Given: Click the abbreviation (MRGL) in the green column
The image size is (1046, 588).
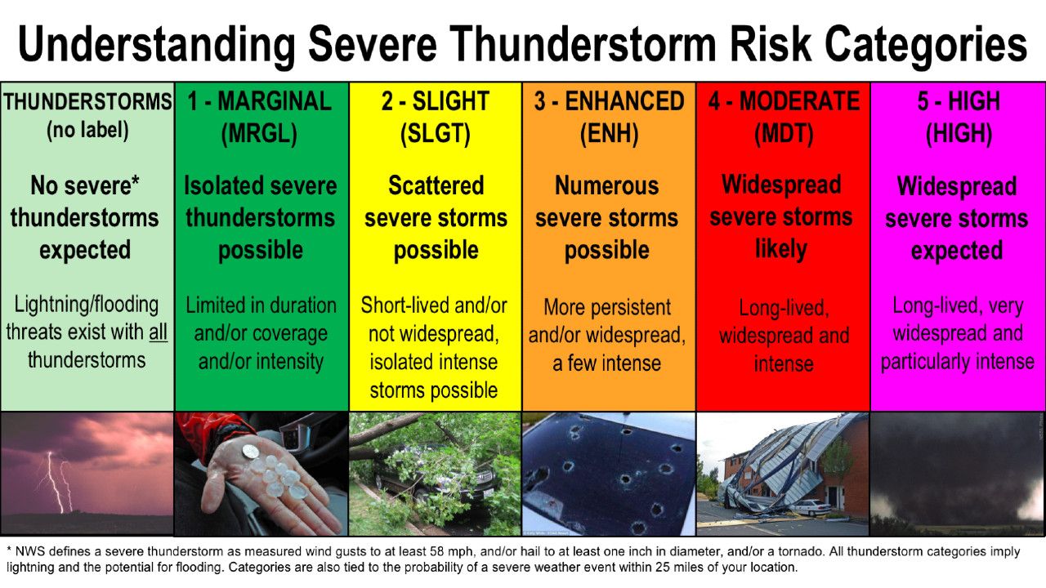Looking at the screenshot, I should point(260,133).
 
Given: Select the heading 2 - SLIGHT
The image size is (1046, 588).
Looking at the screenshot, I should point(435,101).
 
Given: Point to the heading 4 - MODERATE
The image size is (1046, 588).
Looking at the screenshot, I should point(783,101).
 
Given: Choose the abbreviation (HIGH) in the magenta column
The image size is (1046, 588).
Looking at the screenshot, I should point(958,133).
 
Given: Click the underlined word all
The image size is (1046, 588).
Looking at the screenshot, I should point(158,332).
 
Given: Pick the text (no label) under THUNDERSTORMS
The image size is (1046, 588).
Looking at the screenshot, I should point(87,130).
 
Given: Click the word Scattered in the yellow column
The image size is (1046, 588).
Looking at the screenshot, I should point(436,185).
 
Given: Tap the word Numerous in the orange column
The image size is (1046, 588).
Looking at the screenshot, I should point(606,185).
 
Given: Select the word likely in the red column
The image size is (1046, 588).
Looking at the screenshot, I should point(780,249).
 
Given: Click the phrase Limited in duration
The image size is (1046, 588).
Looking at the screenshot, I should point(261,305).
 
